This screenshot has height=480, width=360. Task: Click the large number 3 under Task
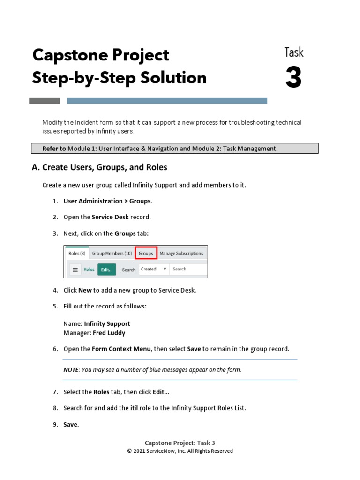[293, 78]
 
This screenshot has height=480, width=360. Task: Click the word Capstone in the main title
[65, 55]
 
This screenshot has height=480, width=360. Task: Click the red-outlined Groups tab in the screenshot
[146, 253]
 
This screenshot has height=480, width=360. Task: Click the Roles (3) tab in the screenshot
[77, 253]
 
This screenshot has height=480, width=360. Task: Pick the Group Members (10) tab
[112, 253]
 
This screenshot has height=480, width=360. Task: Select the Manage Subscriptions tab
[181, 253]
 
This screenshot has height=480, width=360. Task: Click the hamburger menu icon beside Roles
[75, 270]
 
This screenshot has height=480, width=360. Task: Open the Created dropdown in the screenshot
[154, 269]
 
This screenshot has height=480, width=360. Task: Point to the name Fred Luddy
[108, 333]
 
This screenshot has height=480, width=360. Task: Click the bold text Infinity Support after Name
[107, 323]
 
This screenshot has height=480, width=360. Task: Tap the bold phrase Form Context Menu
[121, 349]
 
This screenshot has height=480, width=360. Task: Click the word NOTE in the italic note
[71, 370]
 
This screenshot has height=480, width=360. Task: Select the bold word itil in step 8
[134, 408]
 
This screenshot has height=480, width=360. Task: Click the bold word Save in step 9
[71, 425]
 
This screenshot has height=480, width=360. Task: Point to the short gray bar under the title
[45, 100]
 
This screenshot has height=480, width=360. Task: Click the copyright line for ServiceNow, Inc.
[180, 451]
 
